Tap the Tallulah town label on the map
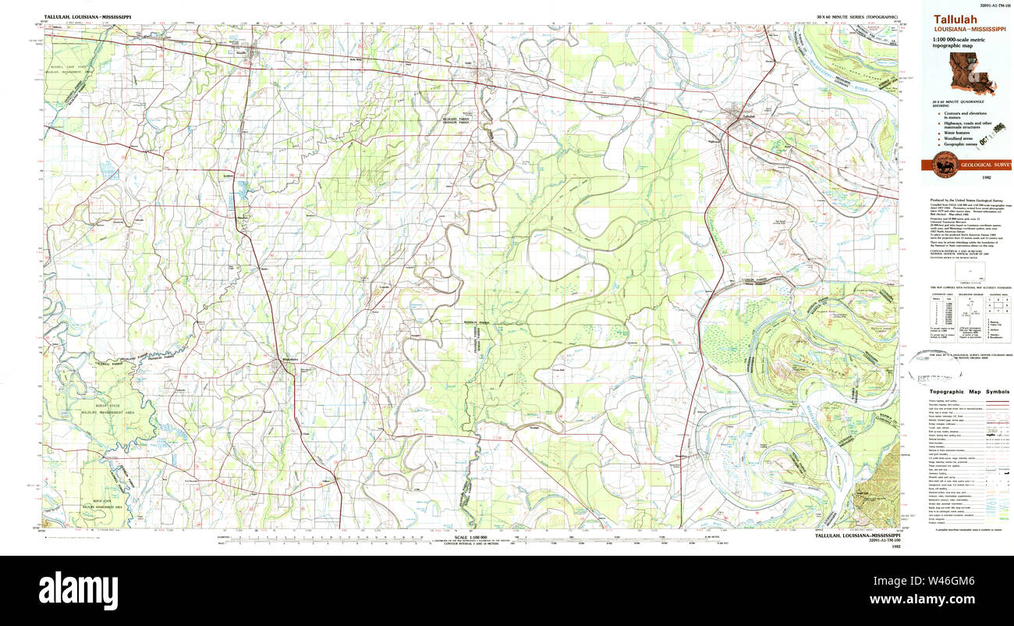(x=749, y=116)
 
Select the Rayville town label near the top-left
(x=241, y=53)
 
